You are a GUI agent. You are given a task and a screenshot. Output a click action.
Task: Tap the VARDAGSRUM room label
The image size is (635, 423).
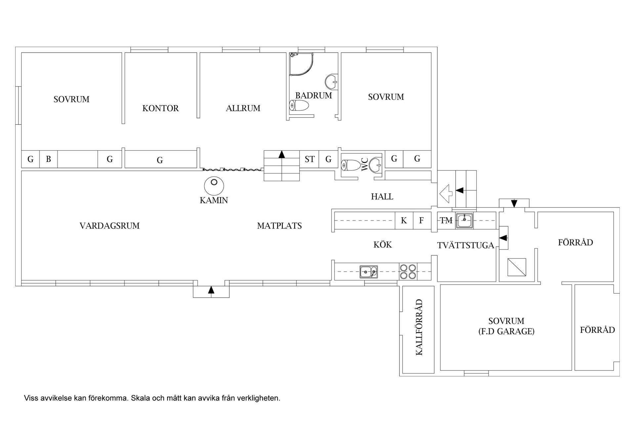(x=109, y=226)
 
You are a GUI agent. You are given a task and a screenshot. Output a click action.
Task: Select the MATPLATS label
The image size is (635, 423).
(x=279, y=226)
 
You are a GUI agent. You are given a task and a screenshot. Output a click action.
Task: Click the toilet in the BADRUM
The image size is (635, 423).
(x=299, y=106)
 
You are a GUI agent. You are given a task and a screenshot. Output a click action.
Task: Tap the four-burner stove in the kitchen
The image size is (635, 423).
(x=408, y=271)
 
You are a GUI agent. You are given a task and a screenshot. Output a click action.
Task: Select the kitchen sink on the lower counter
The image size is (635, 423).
(x=368, y=272)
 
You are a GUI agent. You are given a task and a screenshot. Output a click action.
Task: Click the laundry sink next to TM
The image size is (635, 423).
(x=465, y=220)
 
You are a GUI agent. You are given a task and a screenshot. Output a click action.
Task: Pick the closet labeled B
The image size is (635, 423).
(x=48, y=159)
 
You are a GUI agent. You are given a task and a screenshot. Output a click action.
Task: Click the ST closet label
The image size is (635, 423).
(x=310, y=159)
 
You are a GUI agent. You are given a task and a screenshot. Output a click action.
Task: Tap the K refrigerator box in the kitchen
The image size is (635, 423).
(x=404, y=220)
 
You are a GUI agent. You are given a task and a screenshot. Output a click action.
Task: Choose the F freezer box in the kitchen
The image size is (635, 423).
(x=421, y=220)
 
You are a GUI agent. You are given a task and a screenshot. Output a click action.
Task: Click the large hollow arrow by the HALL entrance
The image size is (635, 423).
(x=445, y=194)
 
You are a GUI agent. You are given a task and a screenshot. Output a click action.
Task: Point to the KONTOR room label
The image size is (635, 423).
(x=160, y=108)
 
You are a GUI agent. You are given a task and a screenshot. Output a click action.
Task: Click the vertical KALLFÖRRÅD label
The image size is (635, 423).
(x=419, y=327)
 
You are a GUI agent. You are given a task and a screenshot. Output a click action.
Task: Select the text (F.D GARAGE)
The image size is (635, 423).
(x=506, y=331)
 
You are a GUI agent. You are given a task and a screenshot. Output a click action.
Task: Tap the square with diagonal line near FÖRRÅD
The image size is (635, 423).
(x=517, y=267)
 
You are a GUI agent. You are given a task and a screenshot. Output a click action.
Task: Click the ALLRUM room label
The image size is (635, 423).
(x=243, y=108)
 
